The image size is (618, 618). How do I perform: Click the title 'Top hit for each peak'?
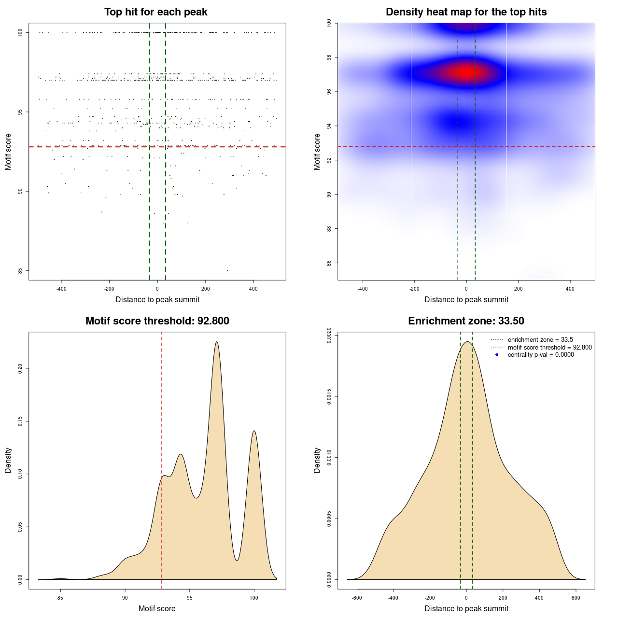click(x=156, y=12)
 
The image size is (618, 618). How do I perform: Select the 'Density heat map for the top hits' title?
click(x=466, y=12)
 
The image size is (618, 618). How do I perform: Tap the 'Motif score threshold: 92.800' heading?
click(x=157, y=321)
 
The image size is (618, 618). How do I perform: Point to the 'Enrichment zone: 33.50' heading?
click(x=466, y=321)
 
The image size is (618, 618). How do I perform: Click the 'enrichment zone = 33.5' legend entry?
click(x=540, y=340)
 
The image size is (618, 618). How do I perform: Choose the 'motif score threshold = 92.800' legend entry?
click(x=549, y=348)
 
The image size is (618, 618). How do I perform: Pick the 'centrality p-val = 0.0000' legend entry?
click(x=541, y=355)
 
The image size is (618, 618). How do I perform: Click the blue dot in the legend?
click(x=497, y=355)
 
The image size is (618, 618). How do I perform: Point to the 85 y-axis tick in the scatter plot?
click(x=20, y=270)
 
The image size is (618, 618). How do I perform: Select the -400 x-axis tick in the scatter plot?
click(x=61, y=289)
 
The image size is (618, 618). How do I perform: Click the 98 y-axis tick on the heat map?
click(x=329, y=57)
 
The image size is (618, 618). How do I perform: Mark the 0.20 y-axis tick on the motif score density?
click(x=20, y=369)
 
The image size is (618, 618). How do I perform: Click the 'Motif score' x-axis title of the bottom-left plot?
click(x=157, y=608)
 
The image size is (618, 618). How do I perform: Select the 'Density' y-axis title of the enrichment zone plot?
click(x=317, y=460)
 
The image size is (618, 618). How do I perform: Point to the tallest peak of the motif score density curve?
click(x=217, y=342)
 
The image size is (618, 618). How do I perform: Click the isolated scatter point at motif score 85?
click(x=227, y=270)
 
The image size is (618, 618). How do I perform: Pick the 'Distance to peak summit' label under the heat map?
click(x=466, y=299)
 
